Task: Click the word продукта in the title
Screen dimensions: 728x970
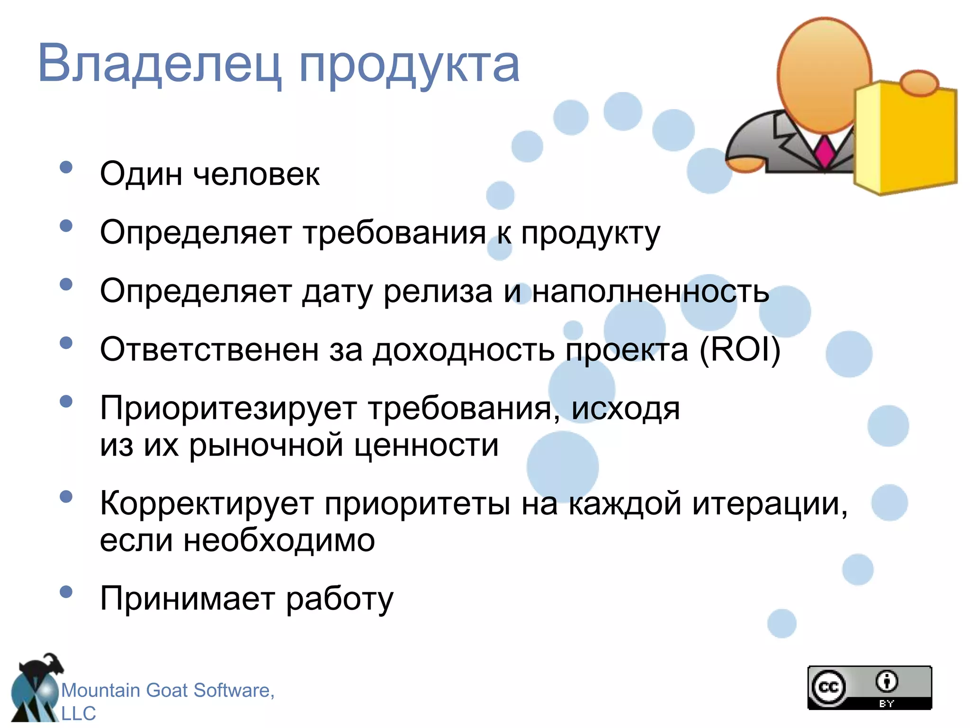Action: point(410,66)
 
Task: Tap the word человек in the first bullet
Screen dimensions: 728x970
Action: point(256,174)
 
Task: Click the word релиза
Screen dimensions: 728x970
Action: point(438,291)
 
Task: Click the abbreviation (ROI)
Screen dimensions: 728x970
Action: point(740,350)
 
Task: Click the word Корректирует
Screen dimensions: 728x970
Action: point(207,503)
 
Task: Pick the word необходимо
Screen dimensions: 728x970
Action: point(279,540)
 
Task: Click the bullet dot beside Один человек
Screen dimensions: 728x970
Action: point(66,167)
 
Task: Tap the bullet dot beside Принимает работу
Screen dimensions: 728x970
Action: point(66,591)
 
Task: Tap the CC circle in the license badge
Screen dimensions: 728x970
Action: point(828,687)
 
